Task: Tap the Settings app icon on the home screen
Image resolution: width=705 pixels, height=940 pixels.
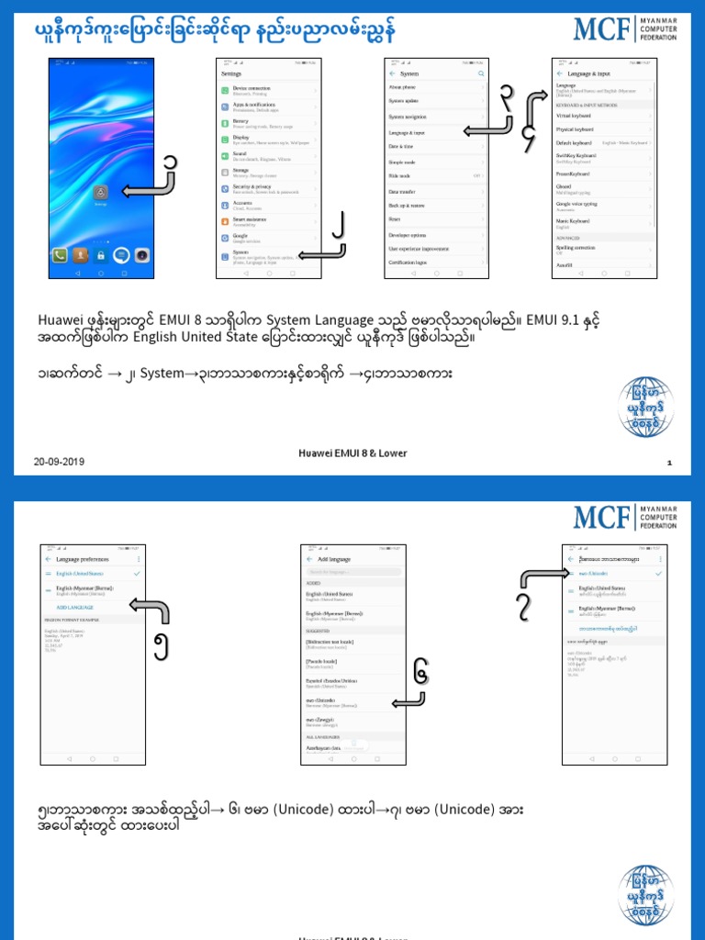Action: point(101,192)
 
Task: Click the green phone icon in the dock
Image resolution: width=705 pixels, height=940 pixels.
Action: point(60,256)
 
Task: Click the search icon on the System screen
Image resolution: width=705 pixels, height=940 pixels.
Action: point(480,73)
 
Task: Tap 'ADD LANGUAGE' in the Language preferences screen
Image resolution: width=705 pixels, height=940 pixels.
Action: point(75,608)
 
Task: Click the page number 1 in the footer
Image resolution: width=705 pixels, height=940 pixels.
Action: point(670,464)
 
